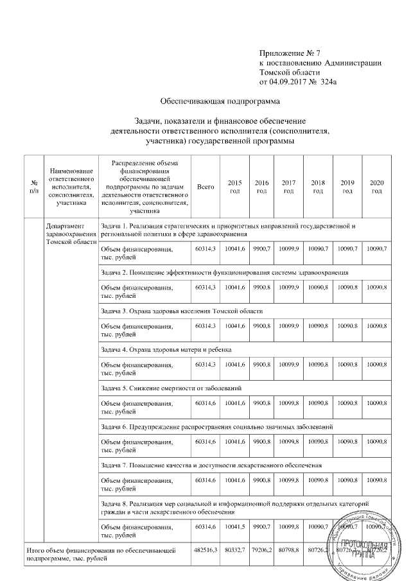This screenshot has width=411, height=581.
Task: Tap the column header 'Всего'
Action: click(x=205, y=186)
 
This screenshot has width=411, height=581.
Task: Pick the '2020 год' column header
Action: click(x=376, y=186)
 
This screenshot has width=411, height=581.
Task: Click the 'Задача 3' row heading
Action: click(x=182, y=311)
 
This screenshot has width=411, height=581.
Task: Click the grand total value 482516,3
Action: click(x=205, y=551)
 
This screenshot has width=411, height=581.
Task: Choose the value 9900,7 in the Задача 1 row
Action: click(x=262, y=249)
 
